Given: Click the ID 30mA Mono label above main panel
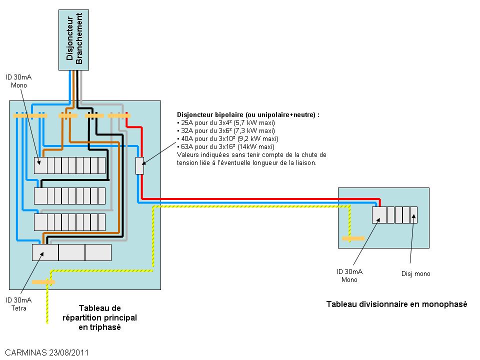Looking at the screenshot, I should click(x=18, y=81).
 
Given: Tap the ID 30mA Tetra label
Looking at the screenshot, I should click(x=18, y=304).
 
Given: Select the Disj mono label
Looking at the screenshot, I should click(x=415, y=273).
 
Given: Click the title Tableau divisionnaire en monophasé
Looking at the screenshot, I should click(x=396, y=304).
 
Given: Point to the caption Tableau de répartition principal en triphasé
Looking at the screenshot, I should click(x=99, y=317).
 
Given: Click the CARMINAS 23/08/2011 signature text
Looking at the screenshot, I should click(x=47, y=352).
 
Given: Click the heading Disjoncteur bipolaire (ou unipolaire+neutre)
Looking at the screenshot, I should click(x=248, y=114).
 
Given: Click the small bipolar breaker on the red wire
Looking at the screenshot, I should click(x=140, y=165).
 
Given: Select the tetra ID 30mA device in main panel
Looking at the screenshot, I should click(x=45, y=252).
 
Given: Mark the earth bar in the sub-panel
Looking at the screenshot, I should click(x=353, y=238).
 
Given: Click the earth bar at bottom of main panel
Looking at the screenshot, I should click(x=43, y=282).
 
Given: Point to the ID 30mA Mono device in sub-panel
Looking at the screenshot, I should click(x=379, y=214).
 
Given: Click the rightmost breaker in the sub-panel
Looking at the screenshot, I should click(x=413, y=214).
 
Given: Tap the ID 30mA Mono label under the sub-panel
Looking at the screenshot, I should click(x=349, y=275).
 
